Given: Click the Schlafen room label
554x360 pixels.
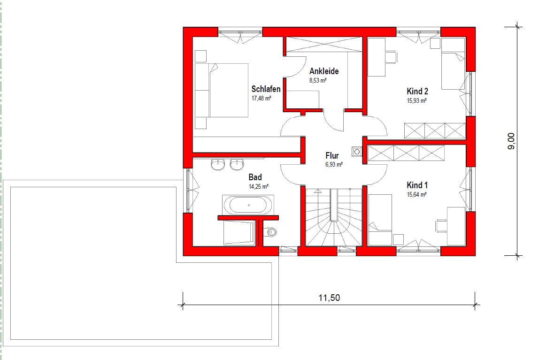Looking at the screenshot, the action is pyautogui.click(x=266, y=89).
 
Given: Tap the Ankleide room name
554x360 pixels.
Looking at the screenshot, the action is pyautogui.click(x=324, y=71).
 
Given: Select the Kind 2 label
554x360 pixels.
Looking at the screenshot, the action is pyautogui.click(x=417, y=91).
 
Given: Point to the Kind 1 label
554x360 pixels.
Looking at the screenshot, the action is pyautogui.click(x=417, y=185).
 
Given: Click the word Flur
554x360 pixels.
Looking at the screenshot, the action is pyautogui.click(x=332, y=155).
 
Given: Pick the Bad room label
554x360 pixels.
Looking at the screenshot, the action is pyautogui.click(x=255, y=177).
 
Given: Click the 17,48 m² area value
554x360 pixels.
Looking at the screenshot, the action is pyautogui.click(x=261, y=98).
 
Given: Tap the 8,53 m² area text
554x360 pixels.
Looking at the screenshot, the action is pyautogui.click(x=318, y=80).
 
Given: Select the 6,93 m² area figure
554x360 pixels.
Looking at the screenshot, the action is pyautogui.click(x=334, y=164).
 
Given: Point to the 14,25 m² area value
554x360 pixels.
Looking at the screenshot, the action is pyautogui.click(x=259, y=186).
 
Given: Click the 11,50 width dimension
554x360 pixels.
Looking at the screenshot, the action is pyautogui.click(x=329, y=298).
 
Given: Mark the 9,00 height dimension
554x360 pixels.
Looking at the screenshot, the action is pyautogui.click(x=511, y=141).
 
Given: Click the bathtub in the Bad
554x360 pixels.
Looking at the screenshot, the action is pyautogui.click(x=248, y=205).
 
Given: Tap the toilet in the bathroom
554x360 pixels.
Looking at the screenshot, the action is pyautogui.click(x=270, y=232).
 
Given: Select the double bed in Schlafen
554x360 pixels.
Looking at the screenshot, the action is pyautogui.click(x=222, y=90).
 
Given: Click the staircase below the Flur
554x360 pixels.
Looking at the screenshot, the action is pyautogui.click(x=333, y=217).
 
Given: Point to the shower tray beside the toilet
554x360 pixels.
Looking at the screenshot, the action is pyautogui.click(x=239, y=232).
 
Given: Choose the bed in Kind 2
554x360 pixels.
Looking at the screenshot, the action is pyautogui.click(x=453, y=64).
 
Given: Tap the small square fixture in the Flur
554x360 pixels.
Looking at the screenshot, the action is pyautogui.click(x=357, y=152).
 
